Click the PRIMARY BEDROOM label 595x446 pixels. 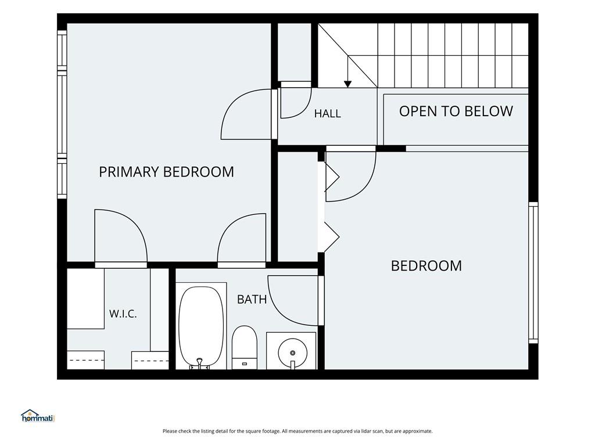[166, 172]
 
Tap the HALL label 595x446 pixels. [328, 113]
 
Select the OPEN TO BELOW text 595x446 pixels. [456, 111]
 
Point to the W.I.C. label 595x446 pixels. [123, 314]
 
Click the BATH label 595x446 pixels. [252, 300]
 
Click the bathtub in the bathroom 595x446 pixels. [201, 326]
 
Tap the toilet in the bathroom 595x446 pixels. [245, 347]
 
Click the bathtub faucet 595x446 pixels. [200, 364]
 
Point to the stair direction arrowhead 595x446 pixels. [347, 84]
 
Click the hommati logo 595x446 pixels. [38, 416]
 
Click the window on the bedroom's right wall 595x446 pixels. [533, 273]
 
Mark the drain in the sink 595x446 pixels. [293, 353]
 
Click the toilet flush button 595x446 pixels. [245, 364]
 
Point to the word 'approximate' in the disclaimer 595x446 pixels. [417, 431]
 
